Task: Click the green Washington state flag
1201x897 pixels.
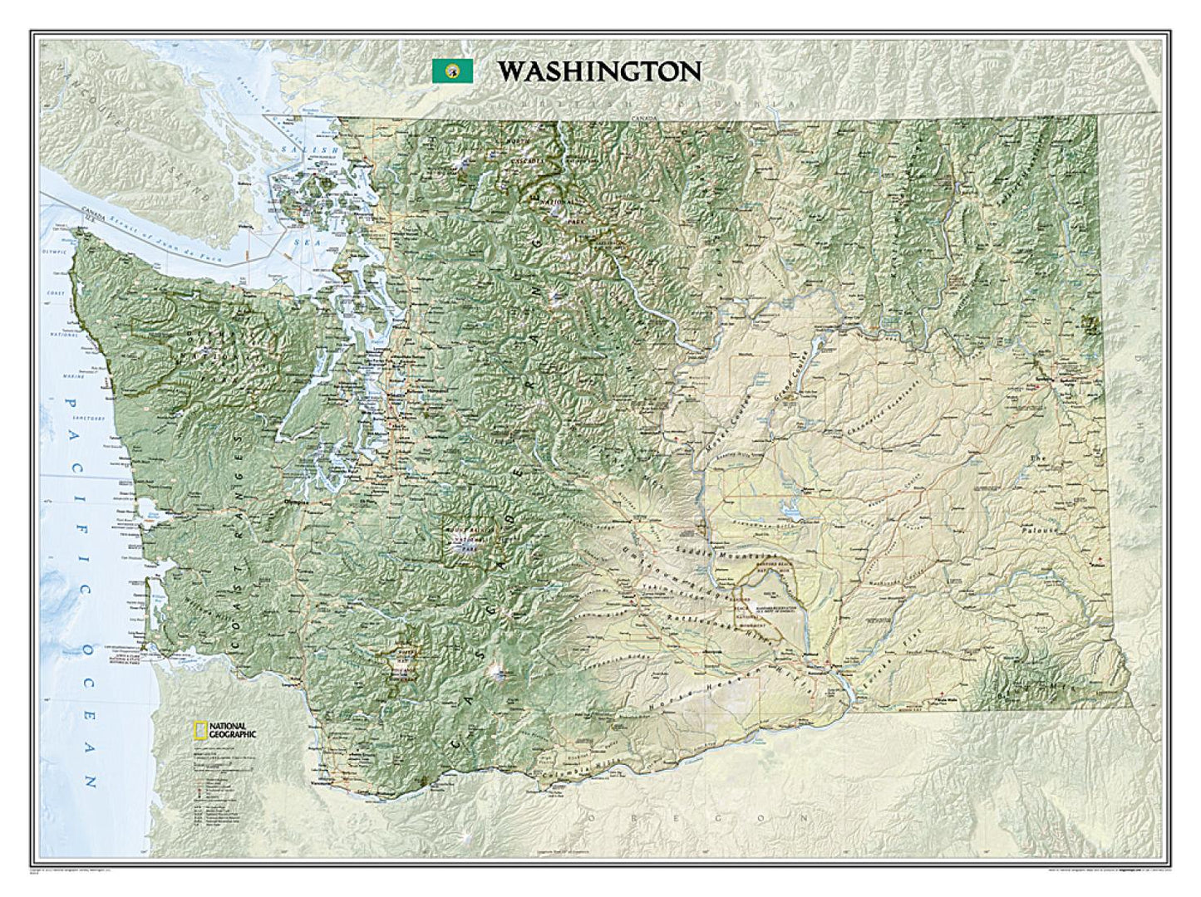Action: [452, 71]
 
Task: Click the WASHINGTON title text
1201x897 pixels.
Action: [598, 71]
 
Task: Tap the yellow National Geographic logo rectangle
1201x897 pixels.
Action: [198, 732]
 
